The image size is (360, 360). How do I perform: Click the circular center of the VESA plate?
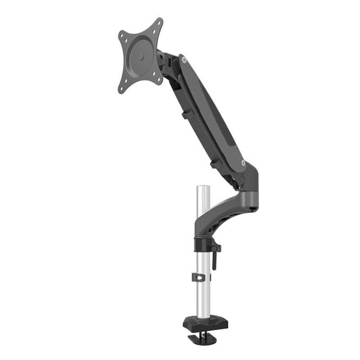pos(140,55)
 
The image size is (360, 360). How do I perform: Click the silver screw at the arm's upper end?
pos(184,60)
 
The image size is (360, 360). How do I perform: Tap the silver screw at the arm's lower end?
pos(243,163)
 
